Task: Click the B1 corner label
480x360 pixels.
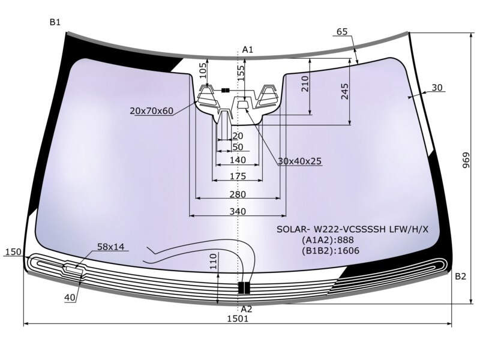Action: point(55,22)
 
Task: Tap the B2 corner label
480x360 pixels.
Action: point(460,277)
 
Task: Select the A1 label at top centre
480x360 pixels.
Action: point(248,50)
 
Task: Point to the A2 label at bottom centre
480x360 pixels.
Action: point(247,309)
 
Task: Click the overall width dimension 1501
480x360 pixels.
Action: point(238,319)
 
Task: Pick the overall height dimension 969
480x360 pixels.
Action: point(466,160)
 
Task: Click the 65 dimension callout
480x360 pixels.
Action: point(342,32)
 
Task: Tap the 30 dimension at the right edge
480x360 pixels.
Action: point(437,88)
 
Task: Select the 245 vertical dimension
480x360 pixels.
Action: point(344,91)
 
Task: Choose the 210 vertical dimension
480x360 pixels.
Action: point(305,84)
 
